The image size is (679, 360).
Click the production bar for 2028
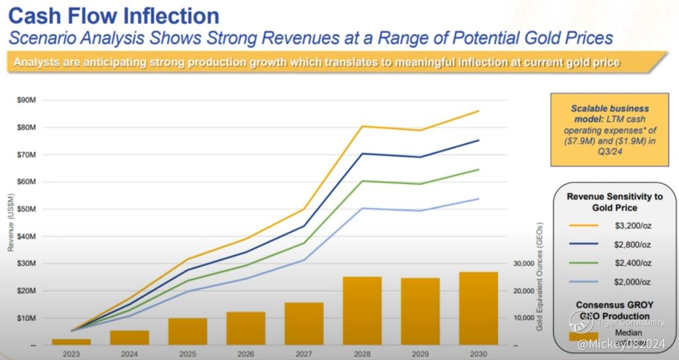click(x=362, y=310)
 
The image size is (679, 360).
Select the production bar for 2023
click(x=71, y=342)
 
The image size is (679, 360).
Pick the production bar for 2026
click(x=246, y=328)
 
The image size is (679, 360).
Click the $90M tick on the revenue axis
click(x=26, y=100)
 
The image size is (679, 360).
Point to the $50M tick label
click(x=26, y=209)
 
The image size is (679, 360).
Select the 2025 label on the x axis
click(x=188, y=353)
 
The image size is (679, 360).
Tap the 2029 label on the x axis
click(x=420, y=353)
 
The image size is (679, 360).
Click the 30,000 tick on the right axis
click(x=523, y=264)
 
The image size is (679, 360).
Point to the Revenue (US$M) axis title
click(x=11, y=223)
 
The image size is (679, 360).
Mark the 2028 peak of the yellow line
click(x=362, y=126)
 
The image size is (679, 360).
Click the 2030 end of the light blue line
click(x=478, y=199)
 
